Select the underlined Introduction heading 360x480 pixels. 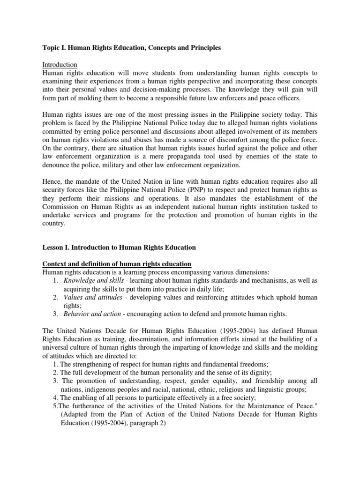pyautogui.click(x=60, y=65)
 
